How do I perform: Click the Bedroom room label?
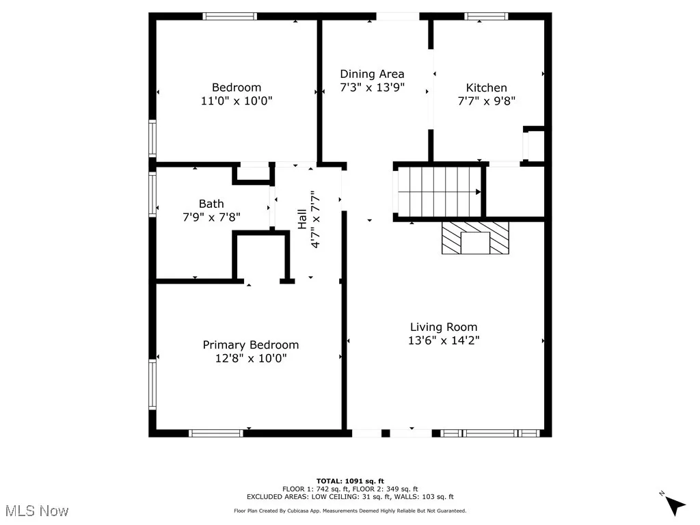pyautogui.click(x=237, y=87)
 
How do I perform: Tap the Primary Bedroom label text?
pyautogui.click(x=250, y=345)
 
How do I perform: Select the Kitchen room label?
pyautogui.click(x=486, y=88)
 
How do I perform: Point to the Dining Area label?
pyautogui.click(x=372, y=74)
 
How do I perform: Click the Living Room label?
pyautogui.click(x=444, y=327)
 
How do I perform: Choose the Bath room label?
pyautogui.click(x=211, y=204)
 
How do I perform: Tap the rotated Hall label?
pyautogui.click(x=301, y=219)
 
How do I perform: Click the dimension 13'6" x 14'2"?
pyautogui.click(x=444, y=340)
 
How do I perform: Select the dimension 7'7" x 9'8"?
pyautogui.click(x=486, y=101)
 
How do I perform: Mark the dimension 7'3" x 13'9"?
pyautogui.click(x=372, y=87)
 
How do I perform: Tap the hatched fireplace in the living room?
pyautogui.click(x=475, y=238)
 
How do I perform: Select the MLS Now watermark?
pyautogui.click(x=37, y=511)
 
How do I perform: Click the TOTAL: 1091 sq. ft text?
pyautogui.click(x=350, y=481)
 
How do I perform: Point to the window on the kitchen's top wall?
pyautogui.click(x=486, y=16)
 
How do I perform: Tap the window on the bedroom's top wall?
pyautogui.click(x=230, y=16)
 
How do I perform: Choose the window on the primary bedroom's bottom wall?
pyautogui.click(x=215, y=433)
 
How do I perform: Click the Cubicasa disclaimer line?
pyautogui.click(x=350, y=511)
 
